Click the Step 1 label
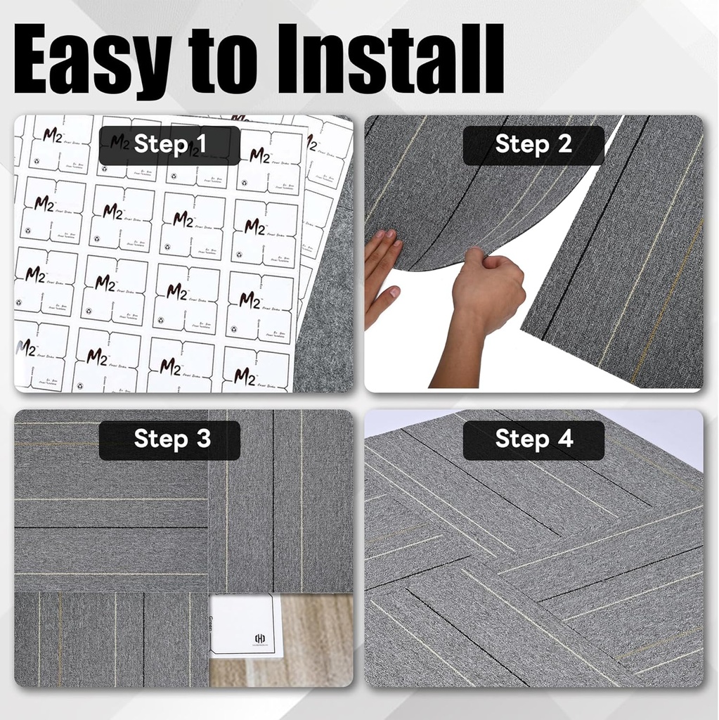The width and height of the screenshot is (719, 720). [169, 145]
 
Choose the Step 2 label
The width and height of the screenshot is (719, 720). [533, 145]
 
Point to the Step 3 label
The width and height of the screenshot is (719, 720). [169, 439]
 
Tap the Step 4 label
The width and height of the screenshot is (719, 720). [533, 439]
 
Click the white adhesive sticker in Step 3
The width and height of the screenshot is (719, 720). [242, 626]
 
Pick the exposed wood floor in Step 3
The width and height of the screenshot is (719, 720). [316, 640]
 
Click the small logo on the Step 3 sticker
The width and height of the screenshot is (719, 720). [259, 638]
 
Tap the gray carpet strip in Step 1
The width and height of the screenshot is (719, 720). [327, 330]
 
